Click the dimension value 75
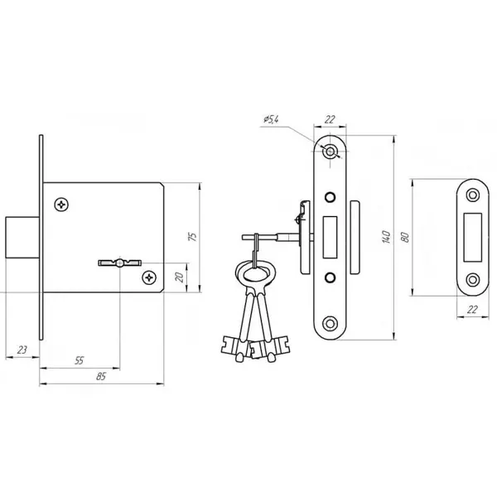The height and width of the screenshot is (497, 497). pyautogui.click(x=192, y=237)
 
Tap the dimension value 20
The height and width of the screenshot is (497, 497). pyautogui.click(x=180, y=277)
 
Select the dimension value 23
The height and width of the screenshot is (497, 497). pyautogui.click(x=22, y=350)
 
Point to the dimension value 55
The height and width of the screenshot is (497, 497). pyautogui.click(x=79, y=360)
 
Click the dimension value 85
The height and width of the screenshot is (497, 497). pyautogui.click(x=101, y=376)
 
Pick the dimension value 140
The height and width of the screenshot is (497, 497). pyautogui.click(x=386, y=237)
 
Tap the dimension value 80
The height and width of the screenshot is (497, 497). pyautogui.click(x=405, y=238)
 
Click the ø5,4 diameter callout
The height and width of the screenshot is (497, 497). pyautogui.click(x=271, y=119)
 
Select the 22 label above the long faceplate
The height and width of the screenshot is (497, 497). pyautogui.click(x=330, y=119)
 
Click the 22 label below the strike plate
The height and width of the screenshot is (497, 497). pyautogui.click(x=472, y=309)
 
